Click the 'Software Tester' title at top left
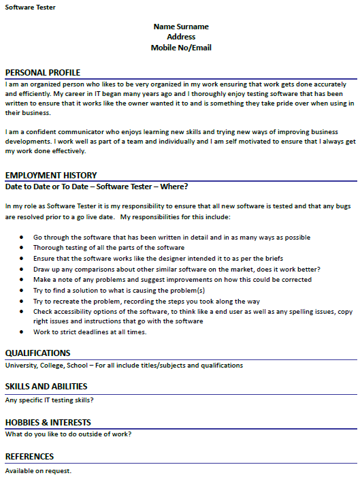pyautogui.click(x=31, y=7)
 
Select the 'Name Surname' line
pyautogui.click(x=181, y=27)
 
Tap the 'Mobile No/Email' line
pyautogui.click(x=181, y=48)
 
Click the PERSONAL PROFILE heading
pyautogui.click(x=42, y=73)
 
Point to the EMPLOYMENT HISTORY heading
pyautogui.click(x=51, y=175)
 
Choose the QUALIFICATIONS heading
pyautogui.click(x=37, y=353)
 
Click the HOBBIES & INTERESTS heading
pyautogui.click(x=48, y=423)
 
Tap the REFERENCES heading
pyautogui.click(x=29, y=456)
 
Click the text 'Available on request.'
pyautogui.click(x=38, y=470)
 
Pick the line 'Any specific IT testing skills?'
pyautogui.click(x=49, y=400)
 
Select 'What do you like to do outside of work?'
pyautogui.click(x=68, y=434)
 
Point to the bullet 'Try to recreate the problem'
pyautogui.click(x=146, y=301)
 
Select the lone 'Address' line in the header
pyautogui.click(x=181, y=37)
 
